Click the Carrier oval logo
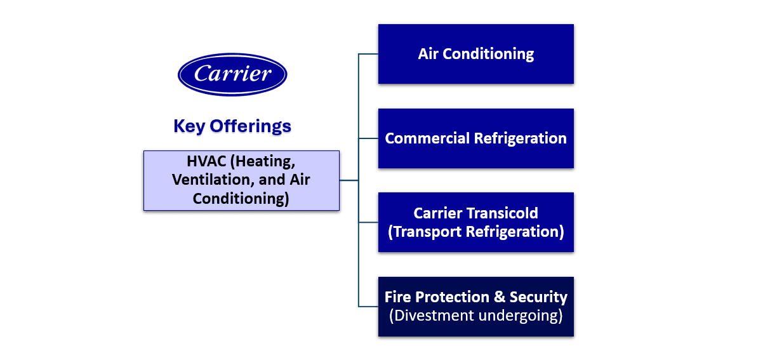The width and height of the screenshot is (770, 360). pyautogui.click(x=232, y=74)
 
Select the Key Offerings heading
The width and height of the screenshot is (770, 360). pyautogui.click(x=232, y=126)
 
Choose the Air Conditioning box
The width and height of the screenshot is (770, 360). pyautogui.click(x=475, y=54)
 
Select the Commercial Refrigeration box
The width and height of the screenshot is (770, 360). pyautogui.click(x=475, y=138)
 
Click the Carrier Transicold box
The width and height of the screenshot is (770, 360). pyautogui.click(x=475, y=222)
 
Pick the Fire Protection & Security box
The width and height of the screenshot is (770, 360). pyautogui.click(x=475, y=307)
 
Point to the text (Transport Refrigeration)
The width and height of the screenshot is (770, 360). pyautogui.click(x=475, y=232)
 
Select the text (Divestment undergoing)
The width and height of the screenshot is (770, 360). pyautogui.click(x=475, y=316)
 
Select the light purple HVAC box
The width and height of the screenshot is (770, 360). pyautogui.click(x=241, y=180)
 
